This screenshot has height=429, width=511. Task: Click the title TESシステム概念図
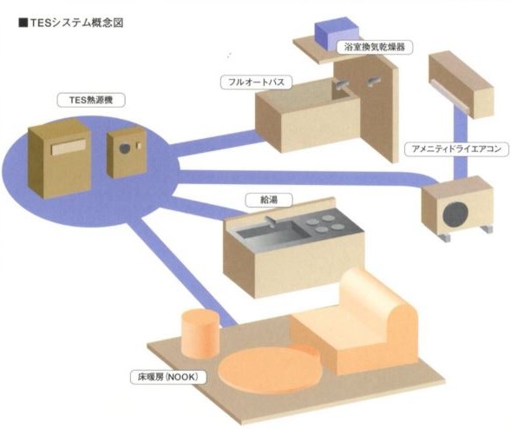[x=76, y=23]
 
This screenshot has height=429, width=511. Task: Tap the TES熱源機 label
[x=91, y=100]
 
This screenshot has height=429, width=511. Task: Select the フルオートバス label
[x=256, y=82]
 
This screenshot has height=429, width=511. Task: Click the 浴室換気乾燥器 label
[x=375, y=47]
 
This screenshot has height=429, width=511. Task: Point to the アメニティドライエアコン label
[x=456, y=149]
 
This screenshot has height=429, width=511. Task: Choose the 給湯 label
[x=269, y=200]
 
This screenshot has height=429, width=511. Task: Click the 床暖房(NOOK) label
[x=167, y=377]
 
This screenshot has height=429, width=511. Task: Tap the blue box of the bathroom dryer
[x=337, y=34]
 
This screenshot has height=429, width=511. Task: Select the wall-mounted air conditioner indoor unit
[x=461, y=85]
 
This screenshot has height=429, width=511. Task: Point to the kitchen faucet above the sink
[x=272, y=221]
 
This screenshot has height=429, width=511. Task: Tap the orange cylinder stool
[x=200, y=333]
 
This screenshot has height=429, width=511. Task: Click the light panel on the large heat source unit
[x=69, y=147]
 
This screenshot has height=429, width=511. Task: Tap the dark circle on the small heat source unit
[x=124, y=148]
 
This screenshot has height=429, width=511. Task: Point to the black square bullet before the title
[x=23, y=23]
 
